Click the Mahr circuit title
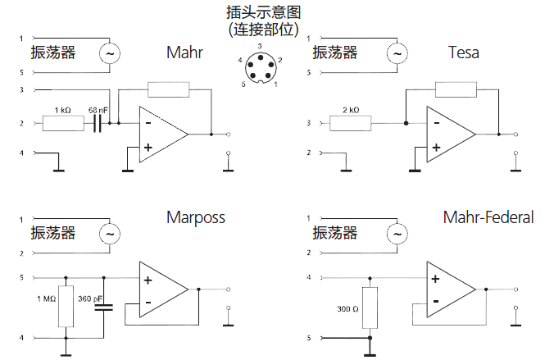tap(184, 53)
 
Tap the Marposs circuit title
tap(195, 217)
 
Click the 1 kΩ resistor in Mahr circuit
tap(63, 124)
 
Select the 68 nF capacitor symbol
tap(98, 124)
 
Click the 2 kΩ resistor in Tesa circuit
tap(350, 124)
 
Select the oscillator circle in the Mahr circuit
tap(109, 54)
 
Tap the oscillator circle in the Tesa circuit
tap(397, 54)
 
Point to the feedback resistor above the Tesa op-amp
tap(456, 90)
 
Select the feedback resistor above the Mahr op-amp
tap(169, 90)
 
